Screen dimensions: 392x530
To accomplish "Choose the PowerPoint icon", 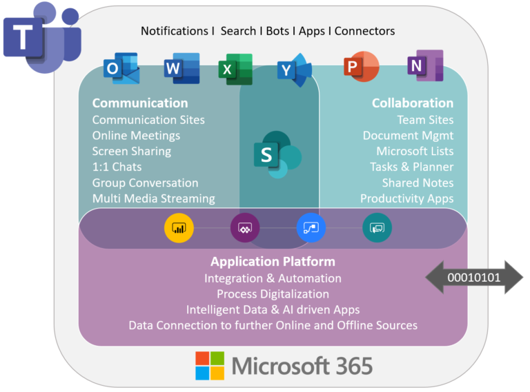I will point(361,67).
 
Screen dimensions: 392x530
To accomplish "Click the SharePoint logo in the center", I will point(276,155).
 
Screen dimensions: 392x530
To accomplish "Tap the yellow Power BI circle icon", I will point(179,227).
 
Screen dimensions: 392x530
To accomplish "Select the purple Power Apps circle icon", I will point(244,227).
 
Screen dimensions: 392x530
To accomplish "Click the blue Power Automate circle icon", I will point(311,227).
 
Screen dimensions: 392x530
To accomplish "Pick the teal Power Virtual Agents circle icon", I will point(377,227).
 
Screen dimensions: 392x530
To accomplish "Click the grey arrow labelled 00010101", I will point(474,278).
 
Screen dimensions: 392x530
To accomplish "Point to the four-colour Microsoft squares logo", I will point(210,365).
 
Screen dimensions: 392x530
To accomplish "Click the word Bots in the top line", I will point(279,31).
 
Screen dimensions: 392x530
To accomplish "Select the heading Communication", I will point(140,103).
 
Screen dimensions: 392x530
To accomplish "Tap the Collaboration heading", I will point(413,103).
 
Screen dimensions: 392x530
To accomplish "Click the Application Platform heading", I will point(273,262).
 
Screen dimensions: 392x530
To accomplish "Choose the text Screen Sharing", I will point(132,151).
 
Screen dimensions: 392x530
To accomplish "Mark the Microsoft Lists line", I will point(415,151).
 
